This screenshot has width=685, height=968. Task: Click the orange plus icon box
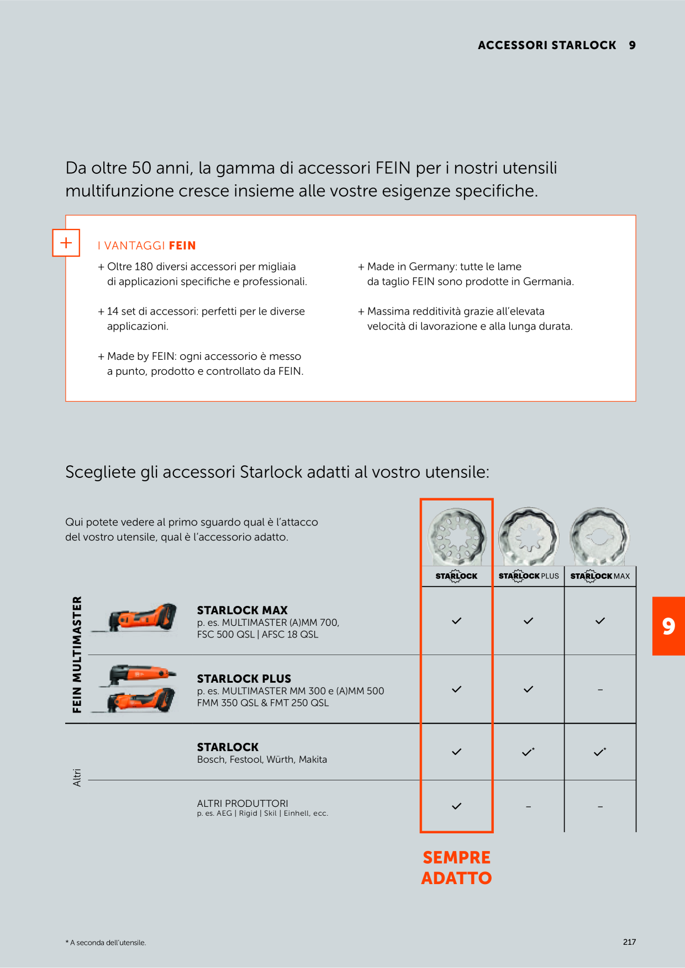tap(66, 243)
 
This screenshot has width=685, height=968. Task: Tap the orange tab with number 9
tap(668, 626)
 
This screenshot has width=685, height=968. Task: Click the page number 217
tap(629, 942)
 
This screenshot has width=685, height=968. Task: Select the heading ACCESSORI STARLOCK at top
tap(547, 45)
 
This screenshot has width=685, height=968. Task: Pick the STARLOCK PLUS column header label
tap(529, 576)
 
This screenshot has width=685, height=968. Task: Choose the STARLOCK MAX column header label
tap(600, 576)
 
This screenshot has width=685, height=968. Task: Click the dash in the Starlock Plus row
tap(600, 690)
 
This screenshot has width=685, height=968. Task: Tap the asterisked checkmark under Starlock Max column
tap(600, 752)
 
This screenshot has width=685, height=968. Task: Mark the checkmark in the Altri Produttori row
tap(456, 806)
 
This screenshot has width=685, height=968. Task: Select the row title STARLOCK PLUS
tap(244, 679)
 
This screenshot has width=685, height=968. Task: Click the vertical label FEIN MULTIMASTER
tap(77, 655)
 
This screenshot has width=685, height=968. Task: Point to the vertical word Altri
tap(77, 778)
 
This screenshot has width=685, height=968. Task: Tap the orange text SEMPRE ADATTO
tap(456, 868)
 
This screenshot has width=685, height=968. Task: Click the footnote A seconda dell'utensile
tap(106, 943)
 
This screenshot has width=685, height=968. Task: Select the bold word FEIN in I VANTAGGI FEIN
tap(182, 246)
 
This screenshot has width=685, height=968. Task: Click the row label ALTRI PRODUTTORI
tap(243, 804)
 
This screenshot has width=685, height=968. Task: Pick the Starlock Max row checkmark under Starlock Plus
tap(528, 621)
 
